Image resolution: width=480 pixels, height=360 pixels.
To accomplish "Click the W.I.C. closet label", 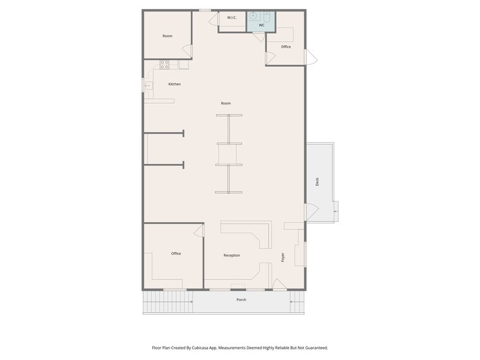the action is tap(231, 17).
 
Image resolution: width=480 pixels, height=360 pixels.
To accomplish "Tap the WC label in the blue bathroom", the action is tap(261, 25).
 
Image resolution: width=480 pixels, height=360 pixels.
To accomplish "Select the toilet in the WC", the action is tap(267, 17).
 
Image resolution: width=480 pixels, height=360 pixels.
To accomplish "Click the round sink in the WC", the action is tap(253, 16).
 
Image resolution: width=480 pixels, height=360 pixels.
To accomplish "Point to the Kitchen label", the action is tap(174, 84).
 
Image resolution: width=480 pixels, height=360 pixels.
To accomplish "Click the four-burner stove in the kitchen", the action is tap(164, 64).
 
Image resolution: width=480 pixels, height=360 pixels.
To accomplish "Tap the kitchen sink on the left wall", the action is tap(148, 86).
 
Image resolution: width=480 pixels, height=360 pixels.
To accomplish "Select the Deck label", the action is tap(317, 181).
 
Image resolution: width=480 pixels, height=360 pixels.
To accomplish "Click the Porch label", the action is tap(241, 300).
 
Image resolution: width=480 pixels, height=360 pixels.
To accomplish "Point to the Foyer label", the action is tap(283, 257).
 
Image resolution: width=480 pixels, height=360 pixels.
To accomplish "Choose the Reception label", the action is tap(231, 255).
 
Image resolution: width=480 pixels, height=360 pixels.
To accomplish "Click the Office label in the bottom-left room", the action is tap(176, 253).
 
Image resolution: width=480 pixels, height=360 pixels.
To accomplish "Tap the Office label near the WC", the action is tap(286, 47).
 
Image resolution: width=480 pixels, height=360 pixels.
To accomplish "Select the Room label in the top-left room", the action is tap(168, 36).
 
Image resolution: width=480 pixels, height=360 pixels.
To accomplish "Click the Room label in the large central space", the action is tap(226, 103).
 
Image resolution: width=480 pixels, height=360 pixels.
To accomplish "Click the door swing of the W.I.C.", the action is tap(213, 20).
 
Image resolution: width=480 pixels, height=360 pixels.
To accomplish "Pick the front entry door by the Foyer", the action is tap(279, 284).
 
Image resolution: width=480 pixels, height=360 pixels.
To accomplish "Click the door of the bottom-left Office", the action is tap(199, 230).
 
